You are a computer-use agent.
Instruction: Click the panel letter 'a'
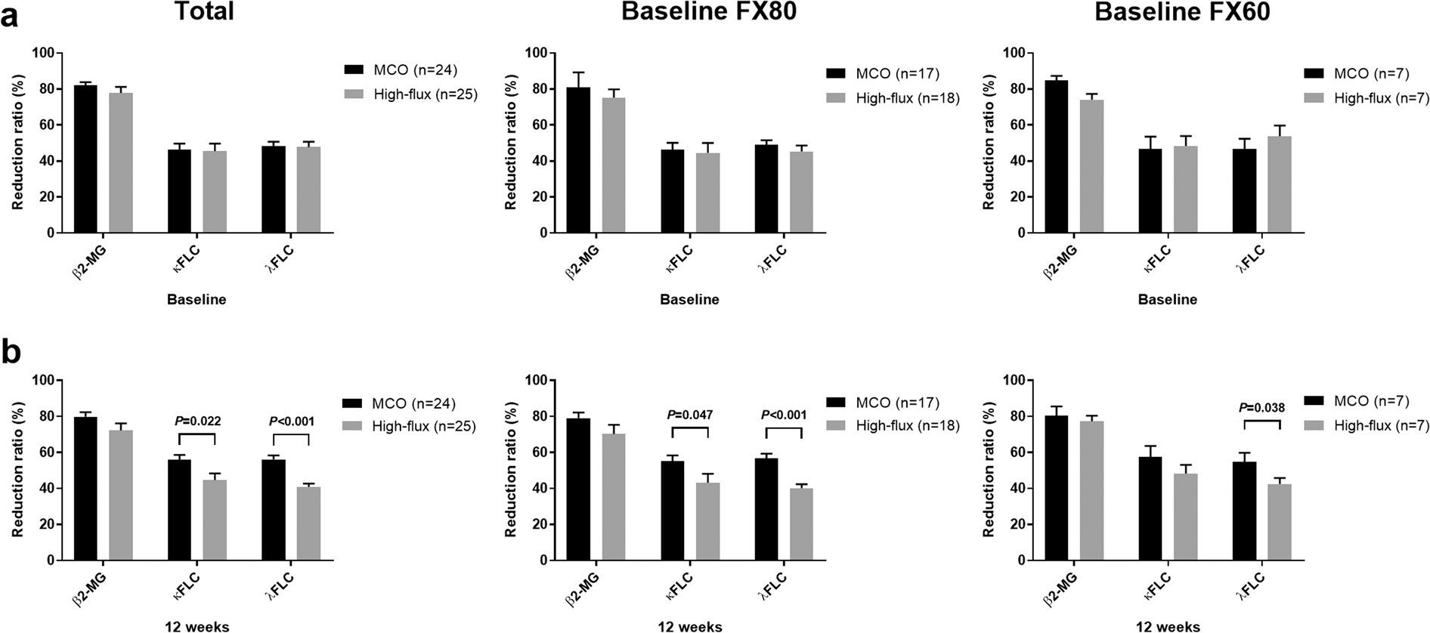click(x=10, y=15)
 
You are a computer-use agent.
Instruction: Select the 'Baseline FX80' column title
click(x=708, y=13)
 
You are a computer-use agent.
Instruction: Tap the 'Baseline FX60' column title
click(x=1182, y=13)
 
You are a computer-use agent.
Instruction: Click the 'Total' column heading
click(x=204, y=12)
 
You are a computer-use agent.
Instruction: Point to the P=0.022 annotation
click(x=197, y=421)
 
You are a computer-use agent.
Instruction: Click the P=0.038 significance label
click(x=1261, y=408)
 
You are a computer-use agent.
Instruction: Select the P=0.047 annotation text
click(x=690, y=415)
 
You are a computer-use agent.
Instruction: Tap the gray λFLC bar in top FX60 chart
click(x=1280, y=185)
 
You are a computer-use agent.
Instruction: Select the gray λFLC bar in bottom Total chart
click(x=308, y=523)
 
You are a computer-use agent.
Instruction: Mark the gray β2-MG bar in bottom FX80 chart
click(x=614, y=497)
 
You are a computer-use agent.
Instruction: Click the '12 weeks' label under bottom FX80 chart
click(x=689, y=626)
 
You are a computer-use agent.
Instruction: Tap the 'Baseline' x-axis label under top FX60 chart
click(x=1167, y=299)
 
